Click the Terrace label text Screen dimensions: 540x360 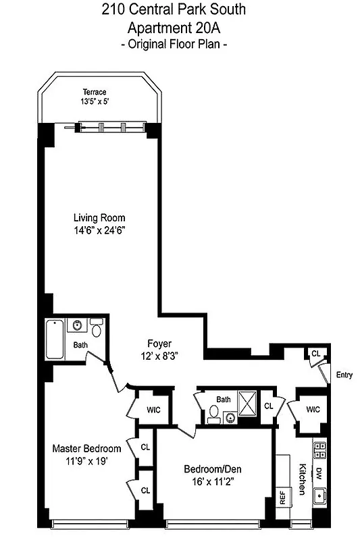tap(95, 92)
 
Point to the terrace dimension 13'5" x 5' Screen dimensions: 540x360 tap(95, 102)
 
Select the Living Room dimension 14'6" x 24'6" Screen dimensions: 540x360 tap(99, 230)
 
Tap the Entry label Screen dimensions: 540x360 tap(343, 375)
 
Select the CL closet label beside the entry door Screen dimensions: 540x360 tap(315, 353)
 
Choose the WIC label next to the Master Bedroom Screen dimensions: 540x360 tap(153, 409)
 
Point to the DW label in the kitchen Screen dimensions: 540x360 tap(320, 475)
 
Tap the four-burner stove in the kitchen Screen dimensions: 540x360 tap(320, 451)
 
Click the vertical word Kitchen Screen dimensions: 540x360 tap(302, 477)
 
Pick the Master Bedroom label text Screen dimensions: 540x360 tap(87, 449)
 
